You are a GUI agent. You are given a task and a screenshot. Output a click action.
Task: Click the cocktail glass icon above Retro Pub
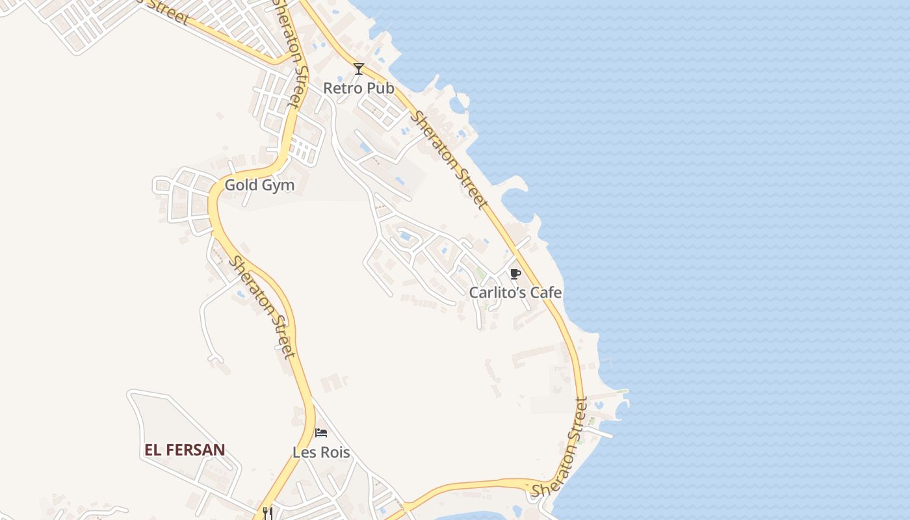pos(358,69)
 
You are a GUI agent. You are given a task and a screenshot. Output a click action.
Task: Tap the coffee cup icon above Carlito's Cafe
pos(515,274)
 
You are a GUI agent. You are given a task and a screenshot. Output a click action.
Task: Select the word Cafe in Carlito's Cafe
pos(545,292)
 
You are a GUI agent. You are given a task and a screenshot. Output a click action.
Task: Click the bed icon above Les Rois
pos(321,433)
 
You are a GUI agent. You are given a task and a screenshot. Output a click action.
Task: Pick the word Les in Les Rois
pos(304,452)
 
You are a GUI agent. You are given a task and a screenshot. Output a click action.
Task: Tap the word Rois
pos(333,452)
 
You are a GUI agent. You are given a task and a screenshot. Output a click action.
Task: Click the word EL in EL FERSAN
pos(153,450)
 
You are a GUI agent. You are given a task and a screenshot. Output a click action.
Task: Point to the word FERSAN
pos(195,450)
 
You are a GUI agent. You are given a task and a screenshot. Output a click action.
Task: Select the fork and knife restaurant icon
pos(267,513)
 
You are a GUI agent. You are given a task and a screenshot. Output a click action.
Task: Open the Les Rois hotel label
pos(321,452)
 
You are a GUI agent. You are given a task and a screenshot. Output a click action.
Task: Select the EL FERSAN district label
pos(185,450)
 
